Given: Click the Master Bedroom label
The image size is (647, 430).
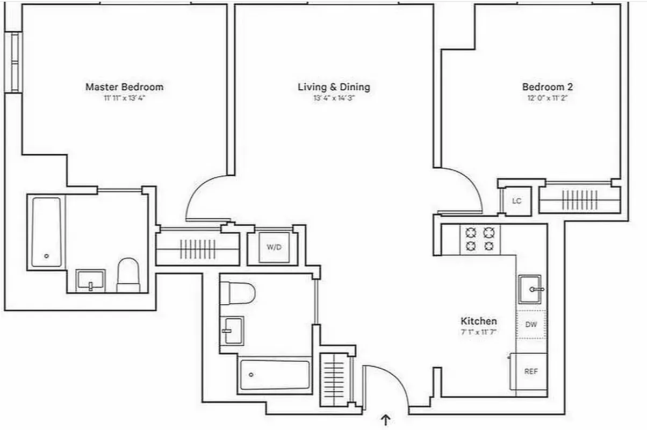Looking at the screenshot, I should click(124, 87).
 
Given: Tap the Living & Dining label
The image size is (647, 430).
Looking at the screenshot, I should click(334, 87).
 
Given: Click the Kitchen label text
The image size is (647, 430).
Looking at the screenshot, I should click(478, 321).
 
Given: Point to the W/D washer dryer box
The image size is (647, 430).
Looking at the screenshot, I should click(273, 247).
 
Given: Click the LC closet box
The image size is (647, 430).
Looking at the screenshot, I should click(516, 201).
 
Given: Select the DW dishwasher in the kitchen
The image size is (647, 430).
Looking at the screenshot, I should click(531, 324).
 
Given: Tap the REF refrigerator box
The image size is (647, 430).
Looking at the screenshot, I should click(531, 371).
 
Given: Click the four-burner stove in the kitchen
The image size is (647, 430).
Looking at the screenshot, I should click(480, 239).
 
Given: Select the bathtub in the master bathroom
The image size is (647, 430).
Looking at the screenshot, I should click(46, 232).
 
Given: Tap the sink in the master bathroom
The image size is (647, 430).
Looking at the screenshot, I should click(90, 279).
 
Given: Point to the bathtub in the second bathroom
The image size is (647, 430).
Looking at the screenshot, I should click(275, 375).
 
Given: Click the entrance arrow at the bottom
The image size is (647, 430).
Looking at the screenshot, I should click(385, 420).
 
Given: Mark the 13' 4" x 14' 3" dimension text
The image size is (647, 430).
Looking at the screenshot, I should click(334, 98).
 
